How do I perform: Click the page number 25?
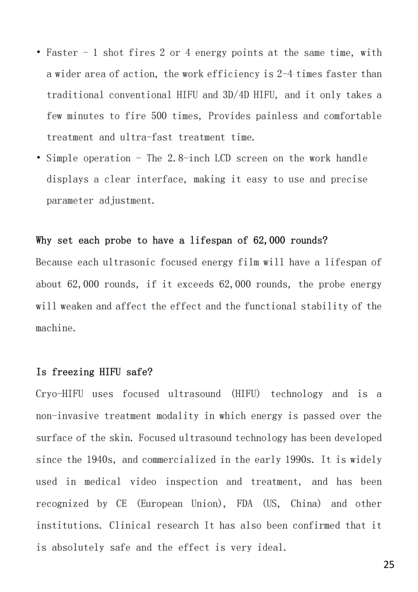[389, 565]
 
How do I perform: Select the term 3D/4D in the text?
[236, 95]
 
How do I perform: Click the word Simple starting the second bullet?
[62, 158]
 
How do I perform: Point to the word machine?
[54, 328]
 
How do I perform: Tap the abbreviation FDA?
[244, 503]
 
